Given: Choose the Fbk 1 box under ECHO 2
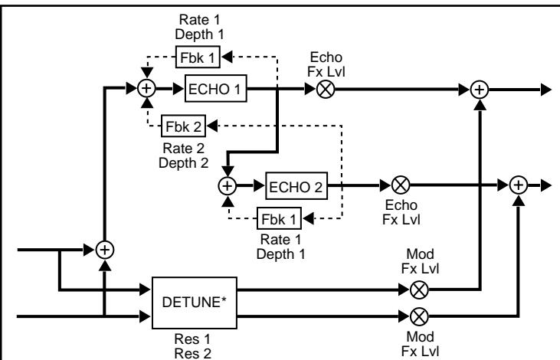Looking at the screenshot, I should [x=279, y=218].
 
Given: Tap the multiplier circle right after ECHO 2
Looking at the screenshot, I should [x=398, y=185].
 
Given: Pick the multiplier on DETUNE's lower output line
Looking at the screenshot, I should [x=418, y=315].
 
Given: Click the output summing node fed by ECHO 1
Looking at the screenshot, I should [x=480, y=89].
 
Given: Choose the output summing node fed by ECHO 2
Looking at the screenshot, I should [x=519, y=185].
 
